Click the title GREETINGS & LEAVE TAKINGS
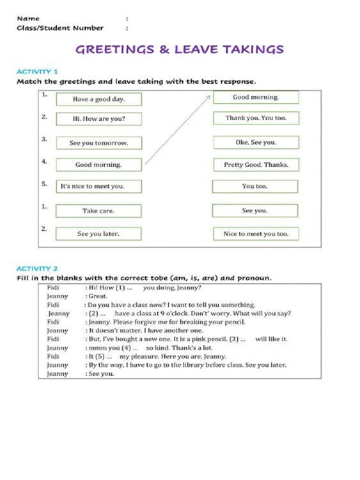(180, 49)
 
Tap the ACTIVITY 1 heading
(37, 72)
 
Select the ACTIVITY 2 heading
(37, 269)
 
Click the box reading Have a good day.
(98, 99)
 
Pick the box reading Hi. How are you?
(98, 119)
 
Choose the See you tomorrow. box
(98, 143)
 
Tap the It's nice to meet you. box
(98, 186)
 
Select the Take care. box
(98, 211)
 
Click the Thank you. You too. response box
(255, 118)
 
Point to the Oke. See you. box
(255, 142)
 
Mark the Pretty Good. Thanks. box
(255, 165)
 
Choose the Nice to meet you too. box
(255, 234)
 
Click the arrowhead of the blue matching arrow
(209, 97)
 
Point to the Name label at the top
(28, 19)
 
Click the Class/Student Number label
(60, 28)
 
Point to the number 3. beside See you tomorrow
(44, 139)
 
